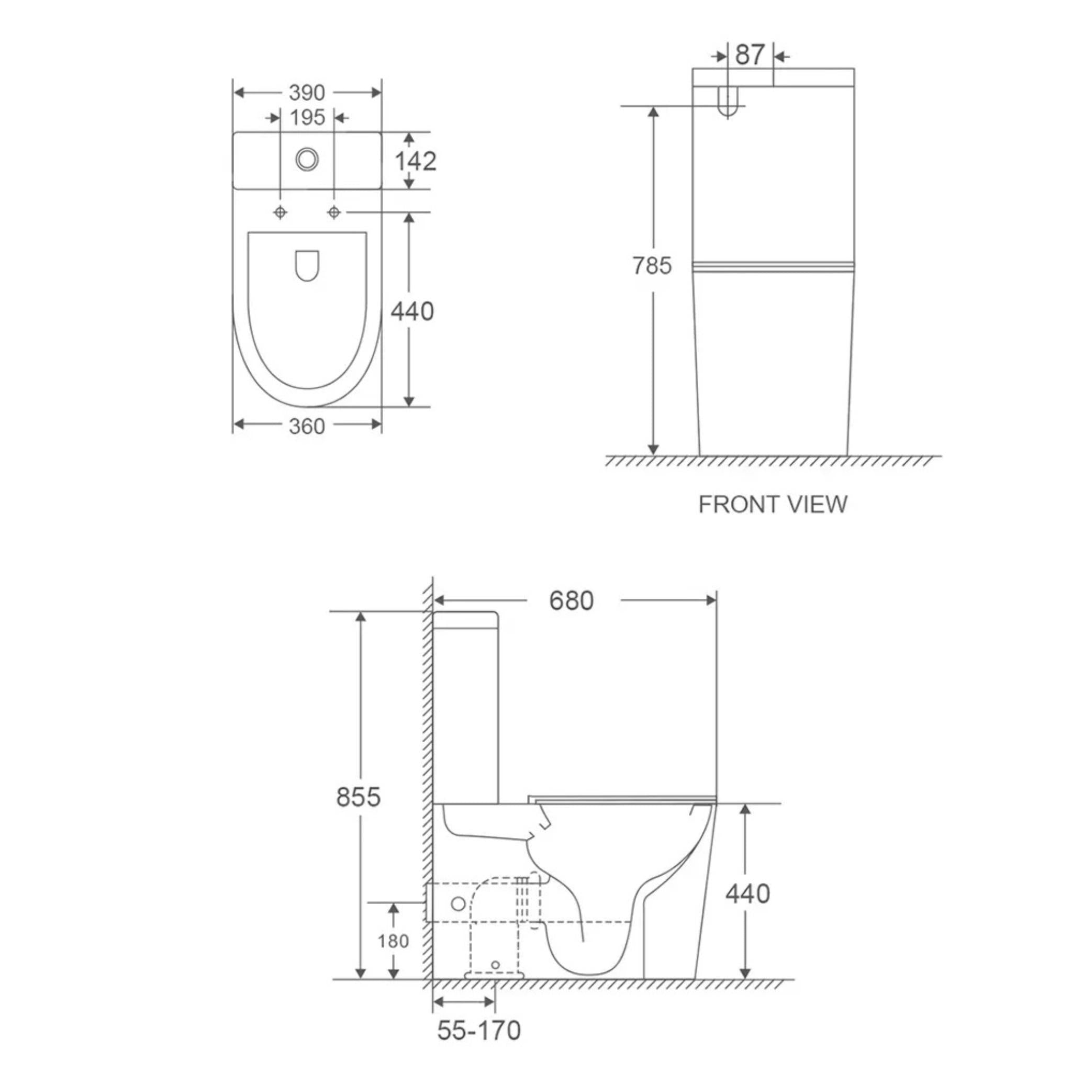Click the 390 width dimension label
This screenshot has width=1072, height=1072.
(x=306, y=93)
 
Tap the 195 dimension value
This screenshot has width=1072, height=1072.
(x=307, y=118)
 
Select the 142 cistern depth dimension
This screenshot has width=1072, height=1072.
(x=415, y=161)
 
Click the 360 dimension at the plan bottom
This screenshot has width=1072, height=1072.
(x=306, y=426)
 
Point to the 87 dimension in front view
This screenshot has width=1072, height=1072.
(x=750, y=55)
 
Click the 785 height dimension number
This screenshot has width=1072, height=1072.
(x=652, y=266)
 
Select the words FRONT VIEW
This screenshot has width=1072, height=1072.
(x=773, y=505)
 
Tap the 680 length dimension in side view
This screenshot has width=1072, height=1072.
(x=571, y=600)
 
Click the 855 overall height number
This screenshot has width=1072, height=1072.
(x=359, y=797)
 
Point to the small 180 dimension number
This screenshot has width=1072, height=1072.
(x=393, y=941)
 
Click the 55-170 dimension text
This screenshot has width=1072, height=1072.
(x=479, y=1030)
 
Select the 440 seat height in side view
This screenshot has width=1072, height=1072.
(x=747, y=894)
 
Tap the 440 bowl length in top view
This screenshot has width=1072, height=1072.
(x=412, y=311)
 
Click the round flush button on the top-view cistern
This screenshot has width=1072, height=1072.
(x=307, y=159)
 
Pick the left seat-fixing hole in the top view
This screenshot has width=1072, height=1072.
(x=280, y=212)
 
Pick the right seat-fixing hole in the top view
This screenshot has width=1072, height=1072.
(x=334, y=212)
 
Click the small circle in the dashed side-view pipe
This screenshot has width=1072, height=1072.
(x=459, y=904)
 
